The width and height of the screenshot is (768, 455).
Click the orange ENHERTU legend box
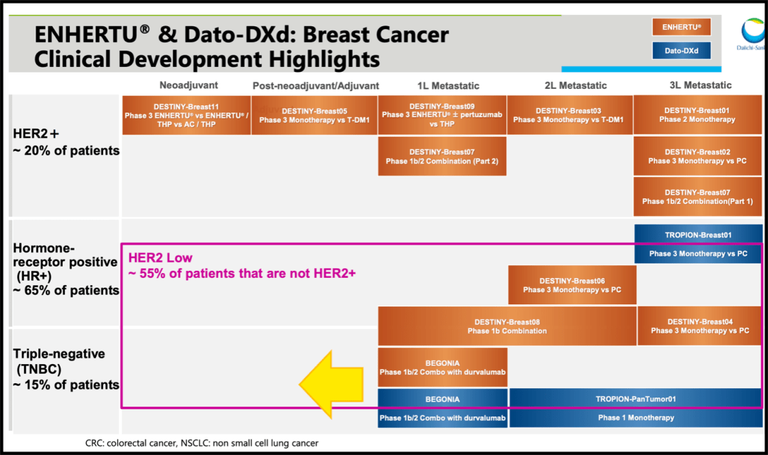pos(681,27)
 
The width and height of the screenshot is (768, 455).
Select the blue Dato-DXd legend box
pos(681,50)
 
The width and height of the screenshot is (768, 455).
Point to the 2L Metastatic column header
pos(575,85)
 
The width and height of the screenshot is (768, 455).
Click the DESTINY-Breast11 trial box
pos(186,115)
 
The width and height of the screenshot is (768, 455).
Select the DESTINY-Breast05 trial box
pos(314,115)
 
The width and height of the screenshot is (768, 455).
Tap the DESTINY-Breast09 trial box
pos(442,115)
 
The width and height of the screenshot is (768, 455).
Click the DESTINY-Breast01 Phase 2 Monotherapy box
pos(697,115)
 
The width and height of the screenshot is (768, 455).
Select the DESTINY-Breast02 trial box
pos(697,156)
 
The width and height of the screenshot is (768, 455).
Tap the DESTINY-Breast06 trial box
pos(572,285)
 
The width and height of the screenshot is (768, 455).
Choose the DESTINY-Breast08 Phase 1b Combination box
pos(506,326)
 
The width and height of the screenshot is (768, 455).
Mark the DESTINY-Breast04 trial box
pos(700,326)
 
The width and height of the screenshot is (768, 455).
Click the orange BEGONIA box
pos(442,367)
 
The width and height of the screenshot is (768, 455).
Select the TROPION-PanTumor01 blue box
pos(635,407)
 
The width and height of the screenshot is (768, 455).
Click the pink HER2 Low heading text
pos(160,258)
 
